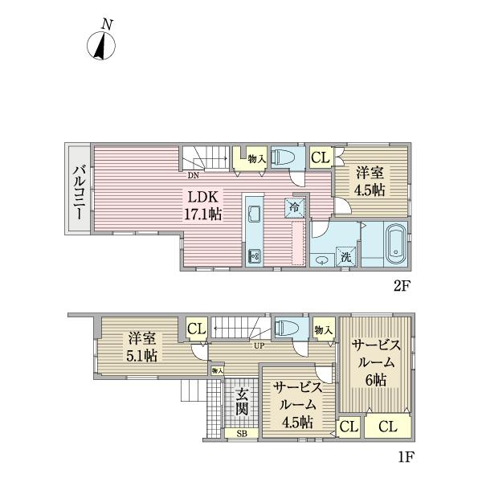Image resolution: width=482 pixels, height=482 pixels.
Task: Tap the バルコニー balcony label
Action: click(x=80, y=188)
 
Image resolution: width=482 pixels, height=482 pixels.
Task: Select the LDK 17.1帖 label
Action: click(x=204, y=206)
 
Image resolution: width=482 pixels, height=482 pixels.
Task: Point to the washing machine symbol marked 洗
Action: click(x=344, y=258)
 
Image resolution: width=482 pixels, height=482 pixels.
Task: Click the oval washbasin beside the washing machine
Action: click(x=323, y=259)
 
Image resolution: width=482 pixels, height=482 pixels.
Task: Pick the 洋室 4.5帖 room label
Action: click(x=371, y=182)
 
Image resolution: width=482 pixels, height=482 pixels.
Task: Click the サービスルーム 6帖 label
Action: click(x=374, y=361)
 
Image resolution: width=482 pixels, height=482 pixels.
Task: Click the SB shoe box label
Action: click(x=242, y=434)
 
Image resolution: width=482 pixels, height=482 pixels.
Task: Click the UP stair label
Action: click(x=260, y=346)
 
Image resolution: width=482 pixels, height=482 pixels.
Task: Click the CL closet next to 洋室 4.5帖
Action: click(x=319, y=157)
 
